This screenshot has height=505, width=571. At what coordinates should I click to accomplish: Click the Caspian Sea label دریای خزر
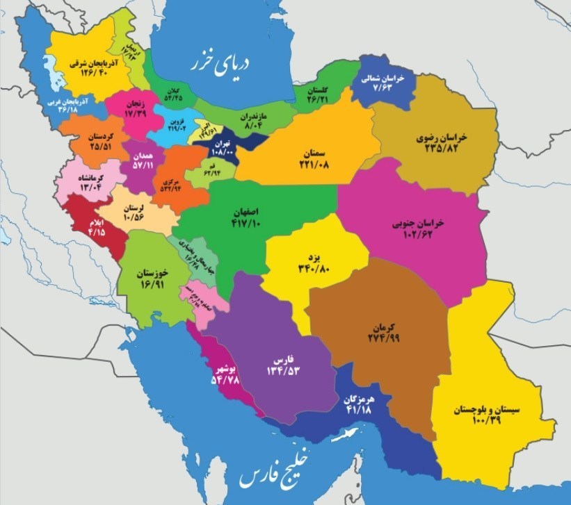coord(221,62)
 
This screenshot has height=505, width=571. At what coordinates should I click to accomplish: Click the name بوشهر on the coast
coord(228,368)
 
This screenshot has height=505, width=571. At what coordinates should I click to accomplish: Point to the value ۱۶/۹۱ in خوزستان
coord(147,283)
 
